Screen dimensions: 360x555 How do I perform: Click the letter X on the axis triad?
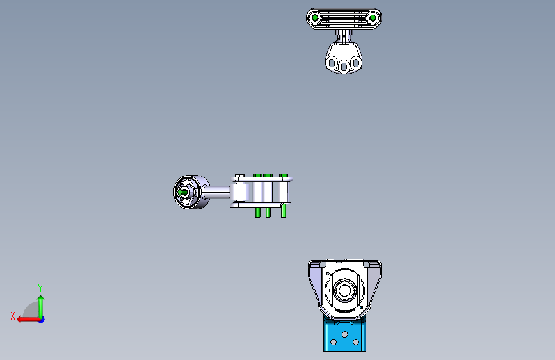coord(12,316)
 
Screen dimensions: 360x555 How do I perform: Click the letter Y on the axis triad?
coord(40,288)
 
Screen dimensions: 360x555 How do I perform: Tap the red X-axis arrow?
coord(24,319)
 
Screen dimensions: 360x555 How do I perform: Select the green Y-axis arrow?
coord(40,304)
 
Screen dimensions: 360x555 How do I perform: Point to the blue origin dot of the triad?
coord(41,319)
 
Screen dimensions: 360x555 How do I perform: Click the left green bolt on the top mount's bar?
coord(316,19)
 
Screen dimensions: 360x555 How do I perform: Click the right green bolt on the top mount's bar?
coord(372,19)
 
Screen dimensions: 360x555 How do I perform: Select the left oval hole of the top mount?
coord(332,63)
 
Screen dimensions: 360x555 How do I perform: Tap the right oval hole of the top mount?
coord(356,63)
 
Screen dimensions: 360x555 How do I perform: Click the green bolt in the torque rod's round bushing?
coord(184,192)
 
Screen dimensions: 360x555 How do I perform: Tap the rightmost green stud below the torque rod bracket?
coord(284,210)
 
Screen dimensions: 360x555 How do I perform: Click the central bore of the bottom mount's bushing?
coord(344,290)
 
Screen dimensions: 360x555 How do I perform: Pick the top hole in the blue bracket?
coord(344,334)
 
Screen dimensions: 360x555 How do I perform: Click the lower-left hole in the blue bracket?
coord(334,343)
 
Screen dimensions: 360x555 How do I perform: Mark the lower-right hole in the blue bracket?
coord(355,343)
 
